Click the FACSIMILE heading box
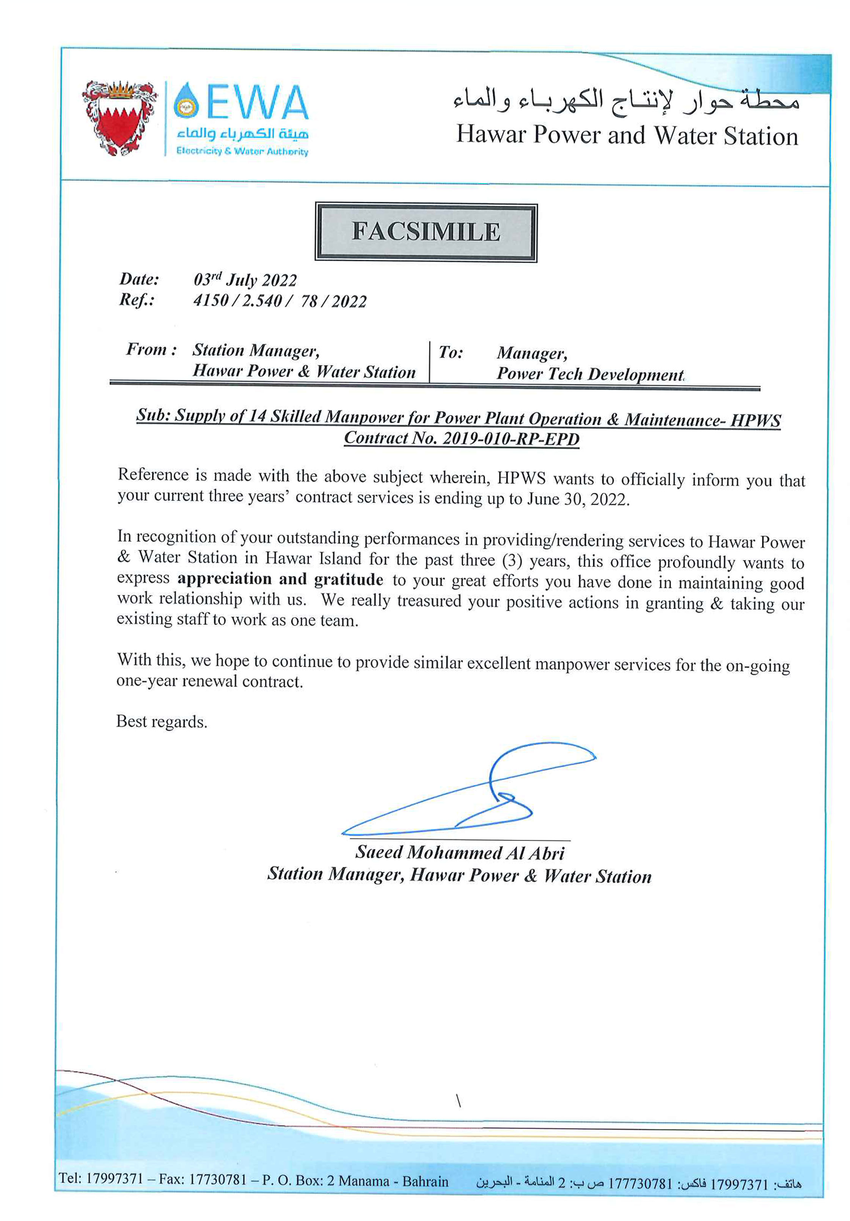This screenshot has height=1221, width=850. pos(426,232)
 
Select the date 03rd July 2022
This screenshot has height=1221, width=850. pos(245,280)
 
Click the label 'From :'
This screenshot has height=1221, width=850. pos(151,349)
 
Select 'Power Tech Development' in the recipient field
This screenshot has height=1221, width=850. pos(589,374)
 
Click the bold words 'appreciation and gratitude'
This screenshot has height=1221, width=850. pos(280,579)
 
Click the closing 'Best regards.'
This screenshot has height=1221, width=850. pos(162,722)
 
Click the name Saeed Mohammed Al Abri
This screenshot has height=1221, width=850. pos(460,852)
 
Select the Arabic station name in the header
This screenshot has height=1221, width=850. pos(626,99)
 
